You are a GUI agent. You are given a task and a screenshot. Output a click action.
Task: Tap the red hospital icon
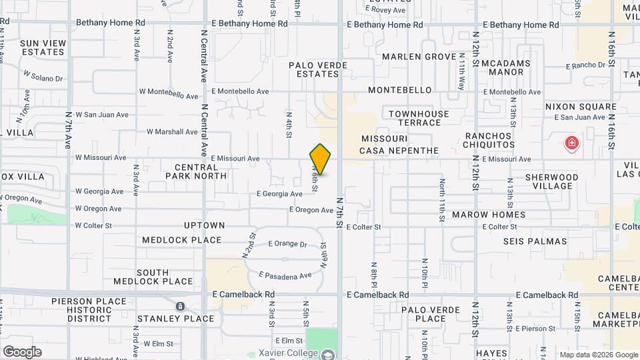571,143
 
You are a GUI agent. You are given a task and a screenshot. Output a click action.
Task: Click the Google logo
22,352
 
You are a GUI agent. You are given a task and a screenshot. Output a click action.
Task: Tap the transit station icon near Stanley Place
181,306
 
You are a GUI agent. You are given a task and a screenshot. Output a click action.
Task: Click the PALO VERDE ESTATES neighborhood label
313,69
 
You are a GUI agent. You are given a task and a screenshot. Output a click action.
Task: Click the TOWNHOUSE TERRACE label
419,118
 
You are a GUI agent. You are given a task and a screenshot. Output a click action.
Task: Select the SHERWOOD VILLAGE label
551,181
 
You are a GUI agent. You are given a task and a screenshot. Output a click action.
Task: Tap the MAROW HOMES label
489,215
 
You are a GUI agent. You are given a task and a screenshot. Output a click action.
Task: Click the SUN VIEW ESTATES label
43,47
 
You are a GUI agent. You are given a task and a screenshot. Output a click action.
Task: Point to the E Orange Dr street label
287,244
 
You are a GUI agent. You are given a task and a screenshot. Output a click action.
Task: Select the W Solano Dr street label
43,76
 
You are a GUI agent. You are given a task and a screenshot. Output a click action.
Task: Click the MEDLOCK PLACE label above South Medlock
181,240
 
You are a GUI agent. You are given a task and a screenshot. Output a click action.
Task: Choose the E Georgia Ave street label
279,194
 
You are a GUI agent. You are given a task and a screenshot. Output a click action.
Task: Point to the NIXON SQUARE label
581,107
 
